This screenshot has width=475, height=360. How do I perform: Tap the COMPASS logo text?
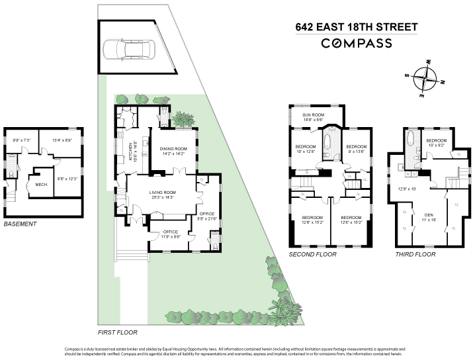click(x=357, y=44)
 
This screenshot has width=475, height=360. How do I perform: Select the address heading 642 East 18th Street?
click(x=357, y=27)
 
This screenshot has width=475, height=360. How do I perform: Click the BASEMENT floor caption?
click(x=21, y=224)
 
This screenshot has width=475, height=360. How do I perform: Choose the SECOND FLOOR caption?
click(x=313, y=254)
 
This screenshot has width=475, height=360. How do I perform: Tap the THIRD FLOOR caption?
click(x=415, y=254)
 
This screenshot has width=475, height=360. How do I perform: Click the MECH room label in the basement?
click(x=40, y=185)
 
